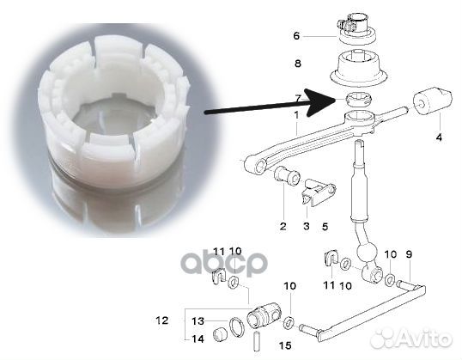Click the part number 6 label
pyautogui.click(x=297, y=36)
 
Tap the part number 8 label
pyautogui.click(x=297, y=64)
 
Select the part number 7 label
pyautogui.click(x=297, y=99)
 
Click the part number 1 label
pyautogui.click(x=296, y=115)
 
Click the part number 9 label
pyautogui.click(x=409, y=254)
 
